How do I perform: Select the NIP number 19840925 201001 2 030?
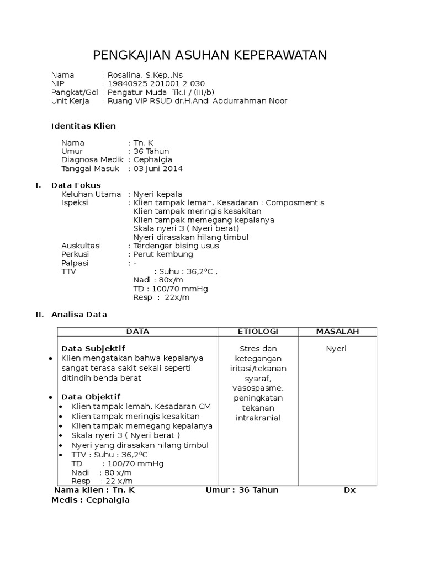(x=156, y=84)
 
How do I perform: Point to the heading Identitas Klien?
(x=83, y=126)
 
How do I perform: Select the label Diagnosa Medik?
(x=92, y=160)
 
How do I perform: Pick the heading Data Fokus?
(x=76, y=185)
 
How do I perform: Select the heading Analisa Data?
(x=79, y=315)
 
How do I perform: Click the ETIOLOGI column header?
(x=258, y=331)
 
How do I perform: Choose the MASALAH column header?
(x=337, y=331)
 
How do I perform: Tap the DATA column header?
(x=137, y=331)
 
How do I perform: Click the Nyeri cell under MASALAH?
(x=336, y=349)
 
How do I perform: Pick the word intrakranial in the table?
(x=258, y=418)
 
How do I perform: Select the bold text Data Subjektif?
(x=93, y=349)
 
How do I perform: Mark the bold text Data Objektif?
(x=91, y=397)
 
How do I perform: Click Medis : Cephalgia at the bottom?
(x=90, y=500)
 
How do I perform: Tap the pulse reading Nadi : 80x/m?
(x=153, y=280)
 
